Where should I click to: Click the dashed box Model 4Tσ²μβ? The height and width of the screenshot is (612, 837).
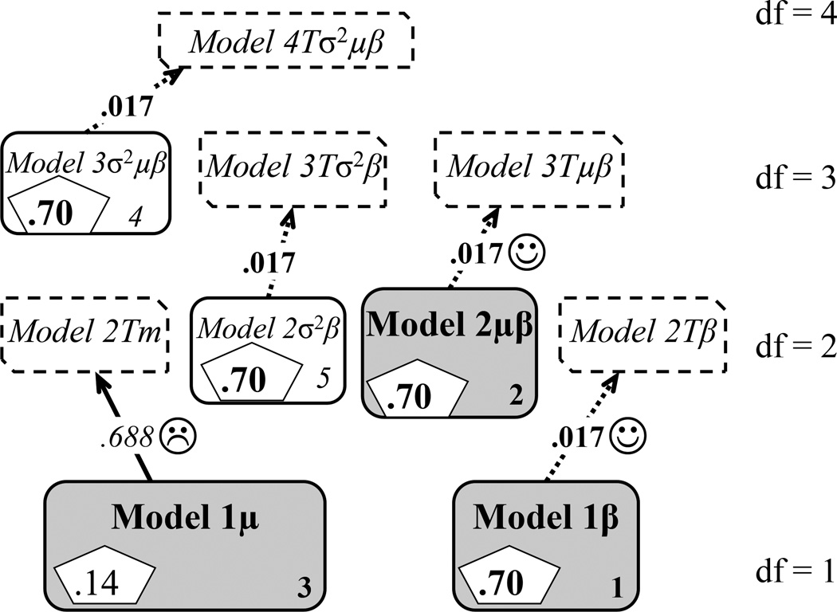point(287,40)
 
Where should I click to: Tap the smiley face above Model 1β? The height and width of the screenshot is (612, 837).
point(627,436)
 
